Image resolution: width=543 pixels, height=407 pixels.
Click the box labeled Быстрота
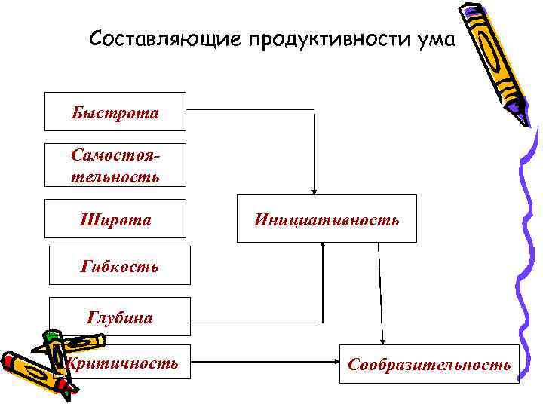click(115, 112)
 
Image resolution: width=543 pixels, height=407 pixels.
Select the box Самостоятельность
click(115, 165)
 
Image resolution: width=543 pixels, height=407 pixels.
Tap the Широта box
click(115, 219)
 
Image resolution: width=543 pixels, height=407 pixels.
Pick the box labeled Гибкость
click(120, 265)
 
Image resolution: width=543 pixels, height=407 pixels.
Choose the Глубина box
click(120, 317)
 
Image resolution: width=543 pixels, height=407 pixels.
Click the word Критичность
click(122, 364)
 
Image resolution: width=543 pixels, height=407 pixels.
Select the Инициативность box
click(327, 219)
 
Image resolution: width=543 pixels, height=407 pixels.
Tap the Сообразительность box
click(429, 364)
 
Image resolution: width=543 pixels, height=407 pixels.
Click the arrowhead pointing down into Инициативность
click(314, 191)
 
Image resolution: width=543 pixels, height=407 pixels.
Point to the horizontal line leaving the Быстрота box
click(249, 109)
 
